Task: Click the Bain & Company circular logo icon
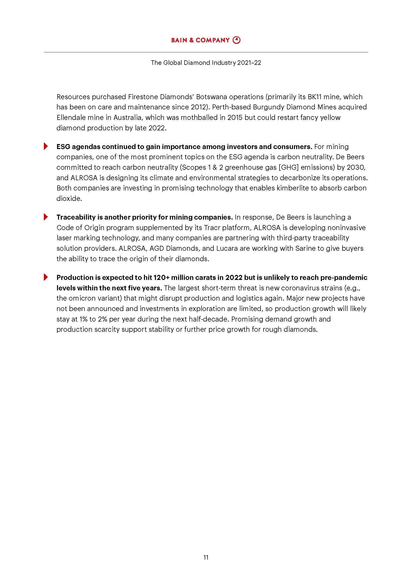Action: [x=236, y=40]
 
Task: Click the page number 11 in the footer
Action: [x=206, y=557]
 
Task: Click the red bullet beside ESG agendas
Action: [x=46, y=146]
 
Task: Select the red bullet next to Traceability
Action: [x=46, y=217]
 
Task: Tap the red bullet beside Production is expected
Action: [x=46, y=277]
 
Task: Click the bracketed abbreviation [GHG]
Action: [x=288, y=167]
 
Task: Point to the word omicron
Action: [x=82, y=298]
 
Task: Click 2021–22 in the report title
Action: [x=249, y=63]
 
